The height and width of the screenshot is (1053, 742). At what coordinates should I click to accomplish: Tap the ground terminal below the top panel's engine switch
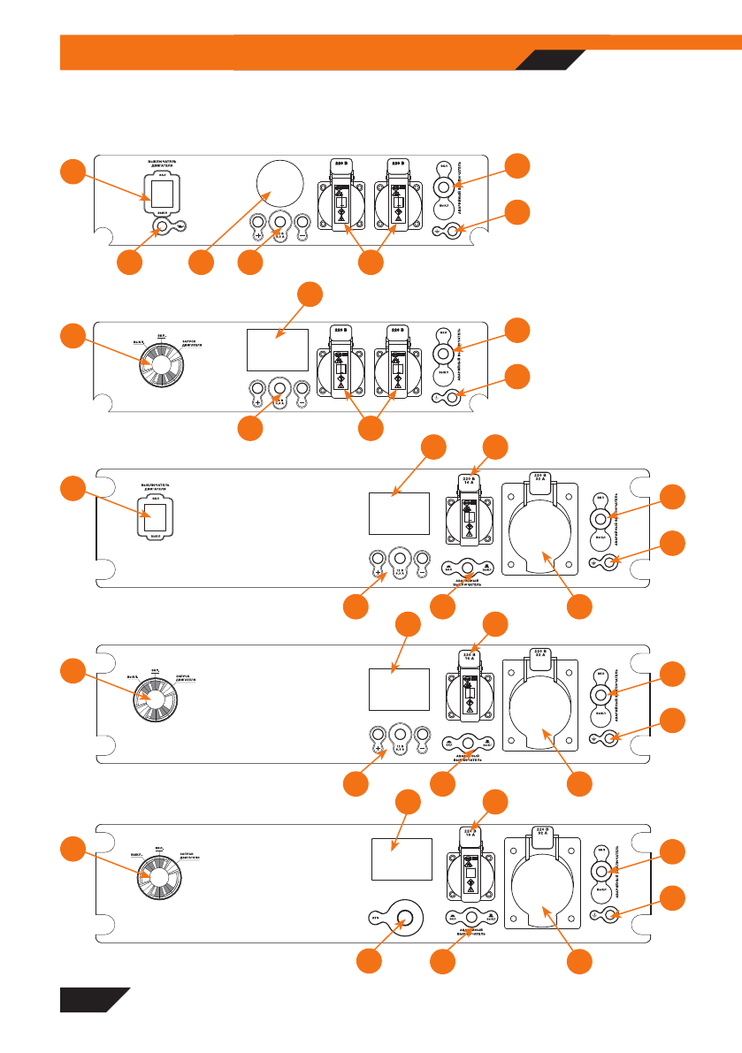(162, 228)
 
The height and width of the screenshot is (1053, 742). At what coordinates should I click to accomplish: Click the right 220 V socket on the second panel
(399, 368)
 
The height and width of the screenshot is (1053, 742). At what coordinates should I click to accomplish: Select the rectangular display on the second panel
(277, 350)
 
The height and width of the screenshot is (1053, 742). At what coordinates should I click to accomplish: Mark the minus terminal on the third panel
(422, 559)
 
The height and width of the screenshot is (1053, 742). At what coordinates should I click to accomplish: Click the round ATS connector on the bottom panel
(404, 918)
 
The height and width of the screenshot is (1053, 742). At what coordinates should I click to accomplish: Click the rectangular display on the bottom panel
(401, 858)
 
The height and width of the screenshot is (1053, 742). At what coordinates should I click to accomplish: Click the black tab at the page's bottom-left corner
(88, 1000)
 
